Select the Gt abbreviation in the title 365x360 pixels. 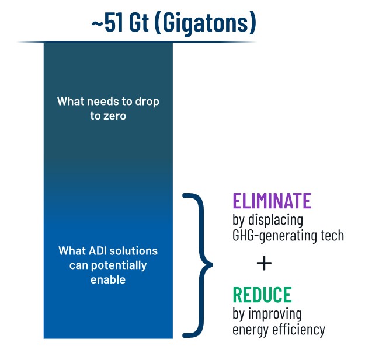pyautogui.click(x=138, y=22)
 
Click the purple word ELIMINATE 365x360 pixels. pyautogui.click(x=272, y=201)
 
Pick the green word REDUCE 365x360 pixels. pyautogui.click(x=262, y=295)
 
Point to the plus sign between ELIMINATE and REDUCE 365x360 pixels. pyautogui.click(x=264, y=263)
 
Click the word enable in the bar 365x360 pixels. pyautogui.click(x=108, y=279)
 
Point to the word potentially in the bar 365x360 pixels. pyautogui.click(x=119, y=265)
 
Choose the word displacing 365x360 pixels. pyautogui.click(x=276, y=220)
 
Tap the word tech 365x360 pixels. pyautogui.click(x=332, y=235)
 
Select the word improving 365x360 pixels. pyautogui.click(x=275, y=314)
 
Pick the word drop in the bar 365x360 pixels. pyautogui.click(x=147, y=102)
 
